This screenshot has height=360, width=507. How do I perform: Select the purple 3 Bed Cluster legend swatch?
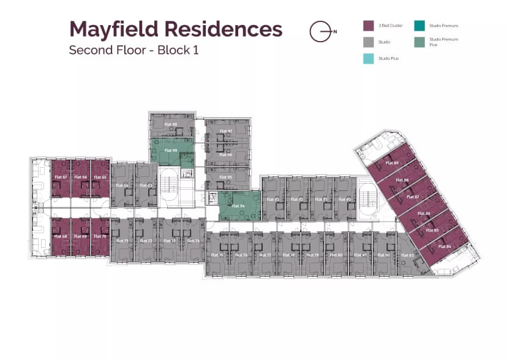pos(368,26)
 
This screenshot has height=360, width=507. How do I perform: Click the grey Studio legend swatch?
pos(368,42)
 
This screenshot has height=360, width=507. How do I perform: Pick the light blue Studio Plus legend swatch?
pos(368,58)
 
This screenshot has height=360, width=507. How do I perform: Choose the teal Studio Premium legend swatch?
pos(419,26)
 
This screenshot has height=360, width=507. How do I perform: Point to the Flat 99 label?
pos(171,150)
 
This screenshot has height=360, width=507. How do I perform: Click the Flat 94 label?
pos(238,206)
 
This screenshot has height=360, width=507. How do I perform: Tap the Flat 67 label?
pos(61,177)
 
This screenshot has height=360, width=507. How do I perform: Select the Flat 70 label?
pos(100,236)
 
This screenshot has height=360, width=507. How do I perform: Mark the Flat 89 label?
pos(392,163)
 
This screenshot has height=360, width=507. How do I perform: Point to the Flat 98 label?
pos(171,124)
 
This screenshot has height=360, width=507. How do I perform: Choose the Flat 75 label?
pos(217,255)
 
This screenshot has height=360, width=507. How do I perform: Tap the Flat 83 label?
pos(407,255)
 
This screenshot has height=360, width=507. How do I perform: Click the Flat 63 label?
pos(146,185)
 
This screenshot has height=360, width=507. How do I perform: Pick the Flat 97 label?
pos(226,131)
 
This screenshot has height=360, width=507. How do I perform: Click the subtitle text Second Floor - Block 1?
pos(133,50)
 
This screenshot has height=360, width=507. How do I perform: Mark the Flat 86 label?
pos(424,213)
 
